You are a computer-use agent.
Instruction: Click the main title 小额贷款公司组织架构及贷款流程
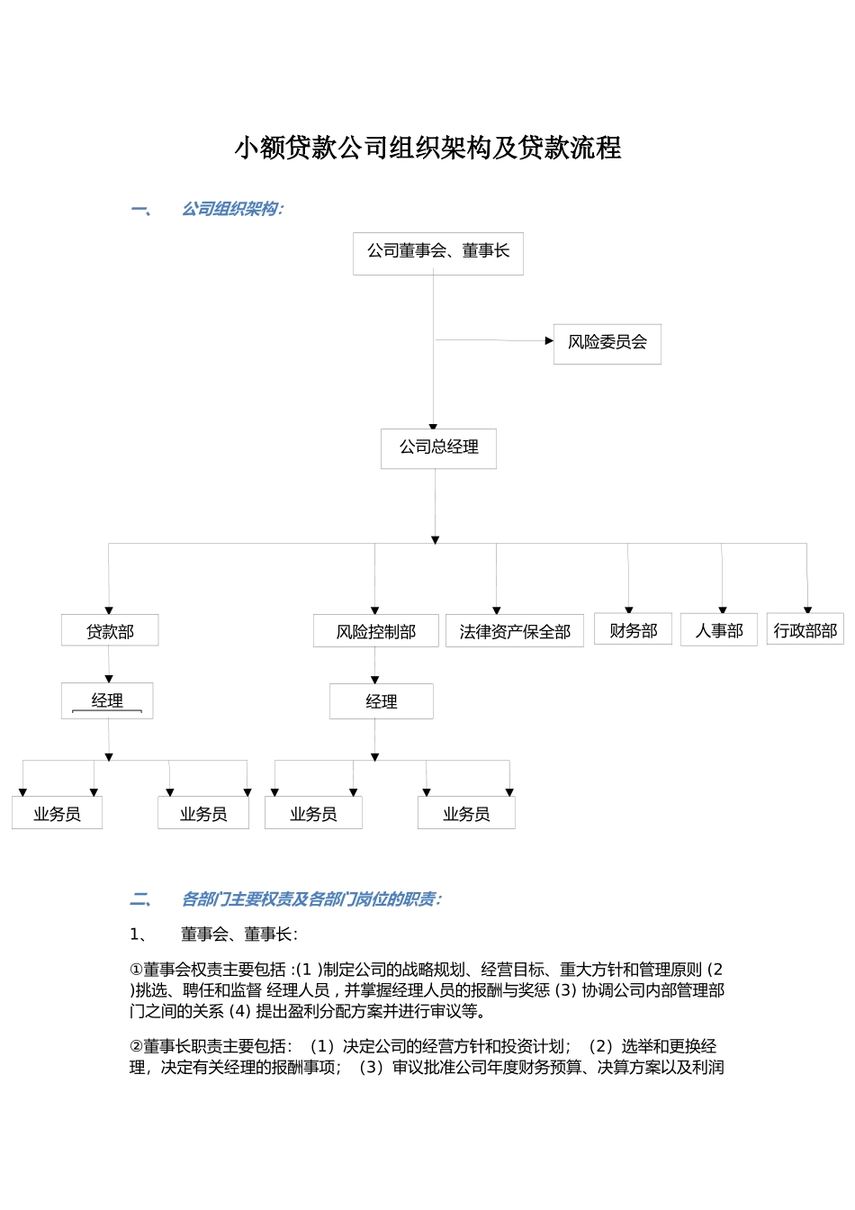pos(427,148)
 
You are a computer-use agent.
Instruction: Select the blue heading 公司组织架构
pos(232,209)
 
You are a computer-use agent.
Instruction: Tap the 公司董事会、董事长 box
pos(437,253)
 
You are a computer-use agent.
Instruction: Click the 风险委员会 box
pos(607,344)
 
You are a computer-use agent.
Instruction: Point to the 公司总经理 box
pos(438,448)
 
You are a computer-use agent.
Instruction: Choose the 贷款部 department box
pos(110,630)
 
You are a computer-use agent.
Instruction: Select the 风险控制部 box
pos(375,631)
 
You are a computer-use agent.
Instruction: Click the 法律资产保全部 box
pos(514,631)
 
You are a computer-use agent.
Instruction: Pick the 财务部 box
pos(633,629)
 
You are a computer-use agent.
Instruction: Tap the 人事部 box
pos(718,629)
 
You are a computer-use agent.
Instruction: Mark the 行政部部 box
pos(805,629)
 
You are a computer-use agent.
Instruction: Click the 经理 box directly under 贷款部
pos(107,700)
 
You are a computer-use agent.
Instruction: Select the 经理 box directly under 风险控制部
pos(381,701)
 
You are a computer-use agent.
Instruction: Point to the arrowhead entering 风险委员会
pos(549,341)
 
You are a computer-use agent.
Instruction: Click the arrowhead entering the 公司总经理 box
pos(433,427)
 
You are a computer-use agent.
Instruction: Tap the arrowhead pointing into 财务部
pos(629,610)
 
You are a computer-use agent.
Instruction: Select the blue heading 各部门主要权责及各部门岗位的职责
pos(310,899)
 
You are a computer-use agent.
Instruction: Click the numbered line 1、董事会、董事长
pos(213,935)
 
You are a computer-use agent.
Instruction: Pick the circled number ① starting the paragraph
pos(136,970)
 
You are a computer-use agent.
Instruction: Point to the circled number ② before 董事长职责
pos(136,1046)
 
